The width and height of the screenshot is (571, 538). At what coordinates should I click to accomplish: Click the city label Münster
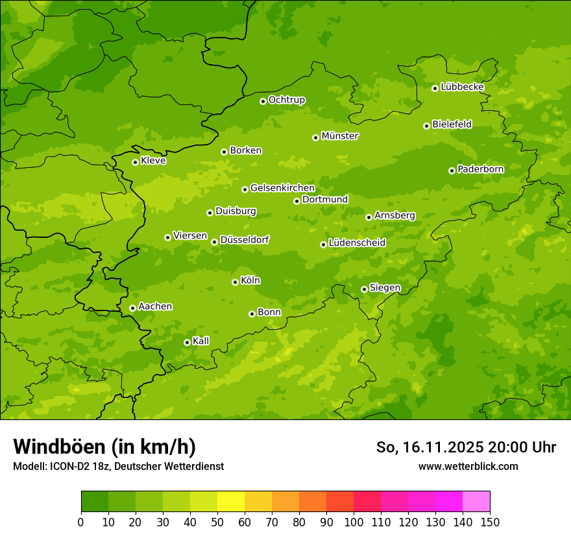(x=340, y=136)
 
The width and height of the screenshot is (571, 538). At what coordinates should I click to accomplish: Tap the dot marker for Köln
(x=235, y=282)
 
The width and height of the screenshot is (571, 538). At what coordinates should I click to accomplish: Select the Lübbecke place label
(x=462, y=87)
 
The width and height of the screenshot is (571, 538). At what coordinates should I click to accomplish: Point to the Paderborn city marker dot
(x=452, y=170)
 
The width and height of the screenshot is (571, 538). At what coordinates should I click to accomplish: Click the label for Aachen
(x=155, y=307)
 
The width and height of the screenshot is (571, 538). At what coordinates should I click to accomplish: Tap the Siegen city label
(x=385, y=288)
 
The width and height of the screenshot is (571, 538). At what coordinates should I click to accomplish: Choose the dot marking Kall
(x=187, y=342)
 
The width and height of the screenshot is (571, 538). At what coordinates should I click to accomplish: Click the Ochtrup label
(x=286, y=100)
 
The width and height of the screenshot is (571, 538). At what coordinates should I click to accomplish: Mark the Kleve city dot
(x=135, y=162)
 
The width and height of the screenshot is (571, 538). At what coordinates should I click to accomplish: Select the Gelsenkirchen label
(x=282, y=188)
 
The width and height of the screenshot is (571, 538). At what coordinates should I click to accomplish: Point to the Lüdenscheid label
(x=357, y=243)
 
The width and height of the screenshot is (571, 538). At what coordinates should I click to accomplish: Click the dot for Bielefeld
(x=426, y=126)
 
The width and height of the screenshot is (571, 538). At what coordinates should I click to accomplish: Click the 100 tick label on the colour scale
(x=354, y=522)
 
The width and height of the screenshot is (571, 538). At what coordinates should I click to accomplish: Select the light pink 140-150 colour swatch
(x=476, y=502)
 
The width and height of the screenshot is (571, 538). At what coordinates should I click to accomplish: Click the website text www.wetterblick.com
(x=468, y=466)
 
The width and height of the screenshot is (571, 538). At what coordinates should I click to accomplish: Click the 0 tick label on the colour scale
(x=81, y=522)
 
